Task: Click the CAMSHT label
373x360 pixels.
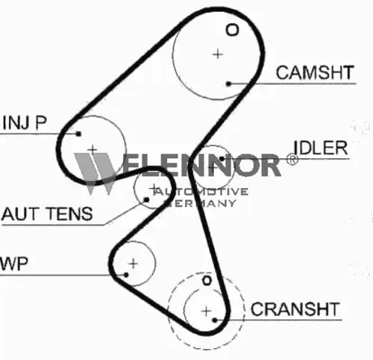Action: tap(315, 72)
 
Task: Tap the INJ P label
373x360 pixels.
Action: tap(25, 122)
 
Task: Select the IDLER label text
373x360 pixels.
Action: tap(320, 148)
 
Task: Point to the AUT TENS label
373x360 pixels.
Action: tap(47, 214)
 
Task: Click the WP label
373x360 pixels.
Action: tap(13, 264)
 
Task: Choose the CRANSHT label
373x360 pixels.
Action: tap(295, 309)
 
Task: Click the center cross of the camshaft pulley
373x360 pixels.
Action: tap(218, 54)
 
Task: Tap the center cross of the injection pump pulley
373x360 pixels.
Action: tap(93, 149)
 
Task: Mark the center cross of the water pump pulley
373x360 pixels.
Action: tap(133, 264)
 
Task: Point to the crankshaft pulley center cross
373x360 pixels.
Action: tap(206, 311)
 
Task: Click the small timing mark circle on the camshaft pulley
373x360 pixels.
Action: tap(232, 30)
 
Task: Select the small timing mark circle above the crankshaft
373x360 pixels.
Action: tap(207, 281)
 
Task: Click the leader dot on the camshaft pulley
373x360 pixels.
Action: tap(229, 84)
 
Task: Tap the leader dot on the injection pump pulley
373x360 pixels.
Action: tap(78, 134)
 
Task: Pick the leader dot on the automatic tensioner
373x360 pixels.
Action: tap(146, 199)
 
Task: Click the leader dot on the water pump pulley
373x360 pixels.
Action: tap(126, 275)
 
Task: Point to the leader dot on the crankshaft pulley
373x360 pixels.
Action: tap(215, 320)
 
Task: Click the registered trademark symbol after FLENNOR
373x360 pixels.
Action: tap(292, 159)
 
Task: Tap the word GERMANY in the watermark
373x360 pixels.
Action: tap(200, 203)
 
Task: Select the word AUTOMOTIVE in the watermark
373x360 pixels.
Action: tap(201, 191)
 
